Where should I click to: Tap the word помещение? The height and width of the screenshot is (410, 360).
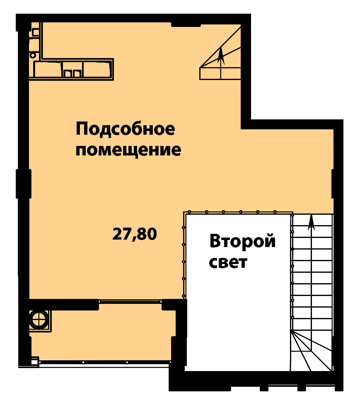(128, 150)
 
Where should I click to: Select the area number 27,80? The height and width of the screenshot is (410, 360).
(135, 234)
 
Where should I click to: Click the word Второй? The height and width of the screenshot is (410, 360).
(242, 242)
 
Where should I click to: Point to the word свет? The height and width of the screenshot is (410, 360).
(228, 262)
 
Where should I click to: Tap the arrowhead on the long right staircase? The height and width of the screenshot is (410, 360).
(311, 223)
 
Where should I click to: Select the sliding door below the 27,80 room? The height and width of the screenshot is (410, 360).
(130, 301)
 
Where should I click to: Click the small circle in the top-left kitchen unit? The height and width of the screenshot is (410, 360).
(33, 56)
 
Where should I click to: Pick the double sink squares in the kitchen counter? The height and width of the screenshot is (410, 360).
(72, 73)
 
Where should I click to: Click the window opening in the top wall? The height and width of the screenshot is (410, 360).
(186, 24)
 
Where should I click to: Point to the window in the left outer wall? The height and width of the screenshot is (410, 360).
(24, 184)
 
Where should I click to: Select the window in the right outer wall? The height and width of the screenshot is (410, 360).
(337, 184)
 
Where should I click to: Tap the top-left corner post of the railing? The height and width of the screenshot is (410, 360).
(184, 213)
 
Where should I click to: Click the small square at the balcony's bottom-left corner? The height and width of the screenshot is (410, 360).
(34, 362)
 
